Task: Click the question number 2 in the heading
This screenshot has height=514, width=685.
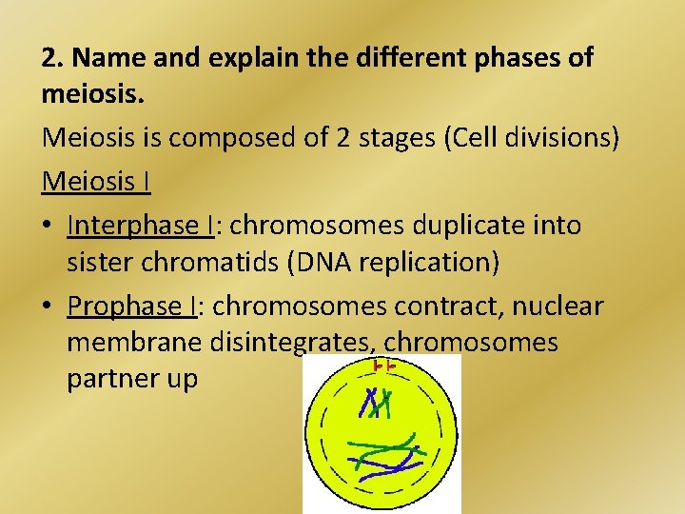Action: coord(50,58)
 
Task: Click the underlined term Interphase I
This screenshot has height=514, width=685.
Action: coord(140,226)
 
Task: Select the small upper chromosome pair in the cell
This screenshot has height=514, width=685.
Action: coord(377,404)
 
